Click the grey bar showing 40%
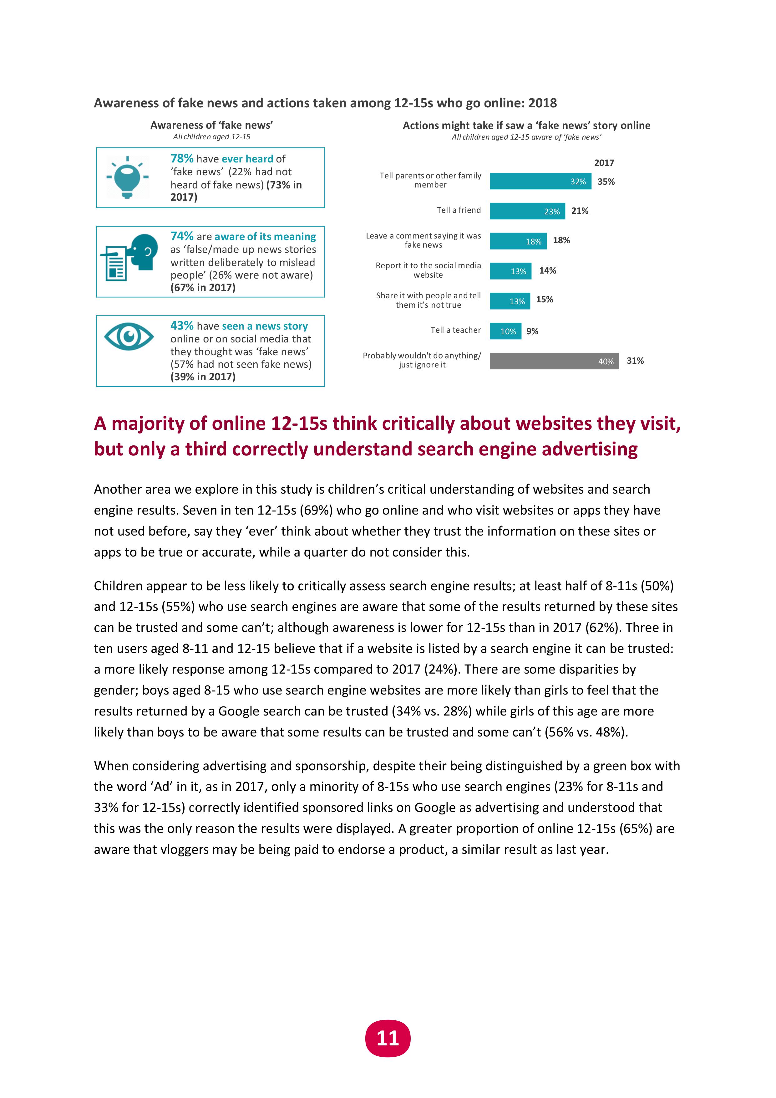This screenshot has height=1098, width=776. coord(554,361)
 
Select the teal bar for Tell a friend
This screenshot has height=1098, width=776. coord(527,211)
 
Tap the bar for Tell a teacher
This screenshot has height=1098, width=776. coord(505,331)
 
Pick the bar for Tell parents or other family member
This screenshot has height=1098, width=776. coord(540,181)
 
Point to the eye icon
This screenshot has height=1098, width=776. coord(129,337)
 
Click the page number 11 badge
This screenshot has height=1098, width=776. coord(388,1038)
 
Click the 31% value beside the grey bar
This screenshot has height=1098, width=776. coord(635,361)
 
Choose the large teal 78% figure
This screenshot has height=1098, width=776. coord(182,158)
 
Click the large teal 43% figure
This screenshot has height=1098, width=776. coord(182,326)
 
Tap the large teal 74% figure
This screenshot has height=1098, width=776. coord(182,236)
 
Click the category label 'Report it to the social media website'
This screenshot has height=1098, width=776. coord(428,270)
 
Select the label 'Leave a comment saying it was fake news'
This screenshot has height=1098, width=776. coord(424,240)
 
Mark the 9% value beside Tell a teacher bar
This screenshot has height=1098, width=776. coord(532,331)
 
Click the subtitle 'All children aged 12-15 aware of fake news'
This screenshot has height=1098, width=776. coord(526,137)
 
